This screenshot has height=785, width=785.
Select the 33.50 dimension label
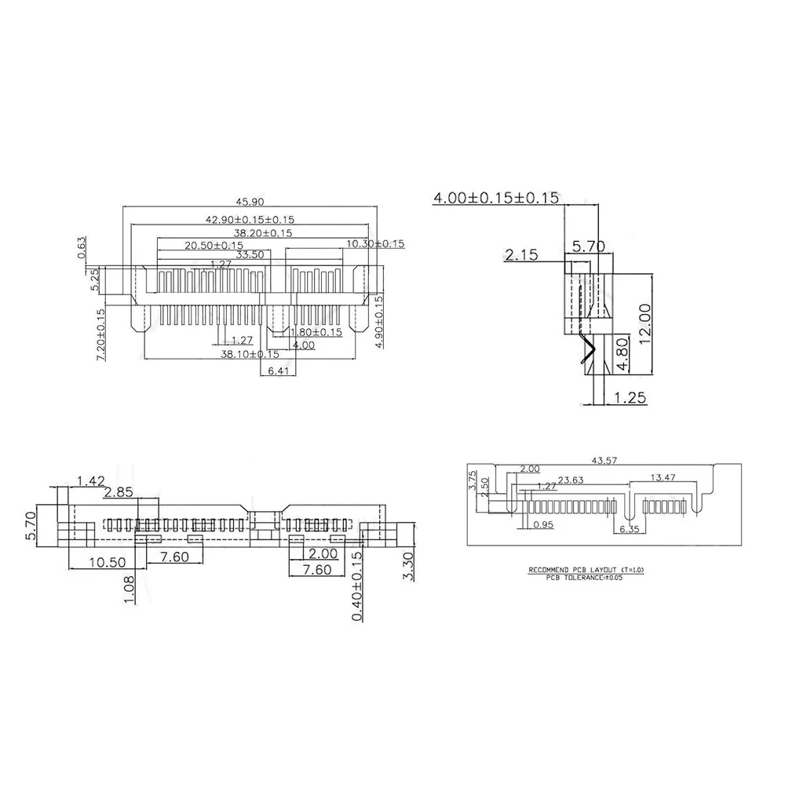coord(250,255)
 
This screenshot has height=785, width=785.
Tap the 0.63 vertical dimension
coord(82,246)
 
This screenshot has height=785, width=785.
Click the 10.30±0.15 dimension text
coord(375,244)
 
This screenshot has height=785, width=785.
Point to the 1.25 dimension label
coord(630,398)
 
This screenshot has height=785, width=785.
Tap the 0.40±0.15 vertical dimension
coord(357,586)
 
